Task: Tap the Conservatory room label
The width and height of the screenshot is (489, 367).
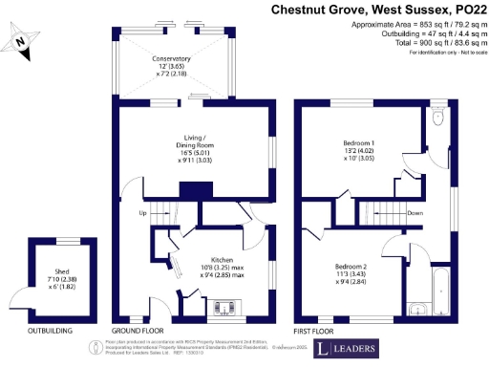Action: [171, 66]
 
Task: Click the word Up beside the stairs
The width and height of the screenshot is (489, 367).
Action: [143, 212]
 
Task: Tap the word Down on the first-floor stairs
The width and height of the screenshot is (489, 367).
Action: [415, 213]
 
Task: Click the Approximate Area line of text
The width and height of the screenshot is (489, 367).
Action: [409, 23]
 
